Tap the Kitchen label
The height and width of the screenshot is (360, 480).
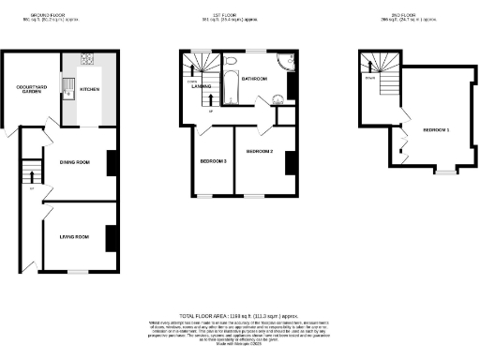click(x=90, y=90)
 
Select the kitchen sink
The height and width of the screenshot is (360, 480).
click(x=68, y=89)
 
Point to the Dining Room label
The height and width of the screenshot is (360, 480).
click(x=74, y=162)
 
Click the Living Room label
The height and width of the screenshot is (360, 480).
click(x=74, y=237)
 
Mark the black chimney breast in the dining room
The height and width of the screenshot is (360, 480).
click(x=112, y=164)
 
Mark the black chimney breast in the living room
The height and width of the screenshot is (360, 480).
click(x=112, y=238)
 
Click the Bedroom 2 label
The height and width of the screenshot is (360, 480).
click(x=260, y=151)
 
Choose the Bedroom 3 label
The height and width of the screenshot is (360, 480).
click(x=213, y=161)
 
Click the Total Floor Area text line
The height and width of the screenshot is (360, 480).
click(x=240, y=316)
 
